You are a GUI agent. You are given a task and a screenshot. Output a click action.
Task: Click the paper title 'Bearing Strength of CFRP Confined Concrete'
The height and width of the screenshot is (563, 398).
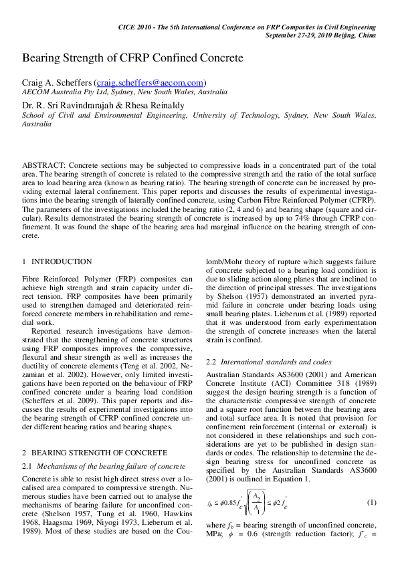point(132,58)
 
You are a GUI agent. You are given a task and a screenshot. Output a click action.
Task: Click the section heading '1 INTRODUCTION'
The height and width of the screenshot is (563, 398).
point(58,261)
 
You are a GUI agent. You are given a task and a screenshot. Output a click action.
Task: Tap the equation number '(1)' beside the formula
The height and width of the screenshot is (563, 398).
point(372,502)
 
